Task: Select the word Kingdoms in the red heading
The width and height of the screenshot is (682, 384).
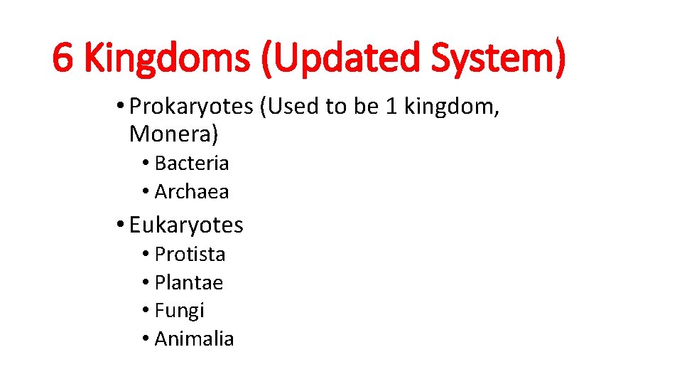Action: point(166,58)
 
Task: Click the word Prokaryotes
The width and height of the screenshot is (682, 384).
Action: point(192,107)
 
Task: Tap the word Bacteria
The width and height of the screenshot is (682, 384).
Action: point(192,163)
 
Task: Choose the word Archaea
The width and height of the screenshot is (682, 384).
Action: point(192,191)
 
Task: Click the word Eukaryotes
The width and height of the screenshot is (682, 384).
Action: point(186,225)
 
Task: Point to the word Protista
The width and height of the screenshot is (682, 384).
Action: point(190,254)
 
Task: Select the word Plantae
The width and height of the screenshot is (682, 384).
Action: point(189,282)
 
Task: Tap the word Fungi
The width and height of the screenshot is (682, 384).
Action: point(179,310)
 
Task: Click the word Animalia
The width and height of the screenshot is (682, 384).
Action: point(194,338)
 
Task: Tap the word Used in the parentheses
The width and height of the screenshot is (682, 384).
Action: point(291,106)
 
